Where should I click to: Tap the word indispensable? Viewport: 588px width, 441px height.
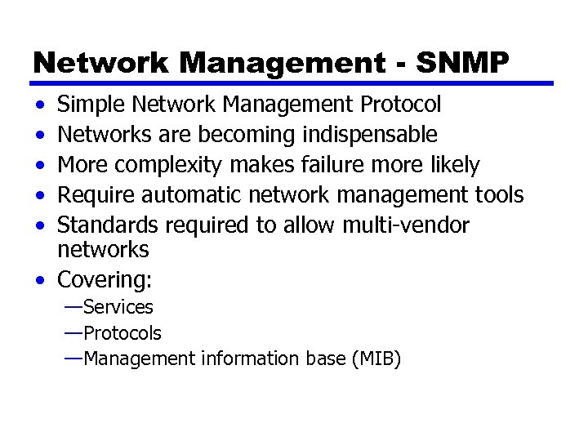(x=369, y=134)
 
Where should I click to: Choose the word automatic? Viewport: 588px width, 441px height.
(x=211, y=195)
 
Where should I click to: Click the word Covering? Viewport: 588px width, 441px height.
(x=104, y=280)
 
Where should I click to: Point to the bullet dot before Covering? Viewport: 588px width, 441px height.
(x=40, y=280)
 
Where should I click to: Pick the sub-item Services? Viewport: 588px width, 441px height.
(x=118, y=308)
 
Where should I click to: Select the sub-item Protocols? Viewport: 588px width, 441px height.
(x=122, y=333)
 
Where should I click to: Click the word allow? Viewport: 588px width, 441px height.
(x=309, y=225)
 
